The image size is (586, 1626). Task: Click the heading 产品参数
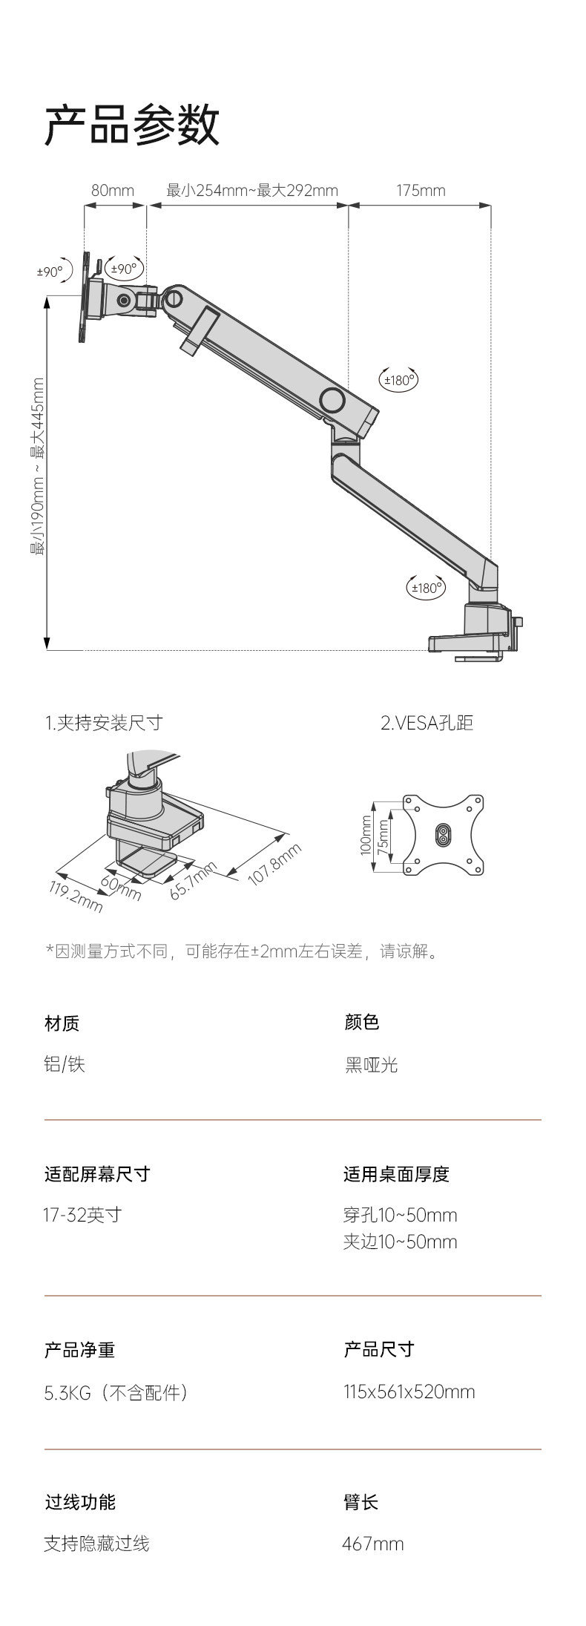click(x=132, y=125)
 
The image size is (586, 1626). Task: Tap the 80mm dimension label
click(x=113, y=191)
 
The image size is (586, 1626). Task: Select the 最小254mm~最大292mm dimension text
click(x=252, y=191)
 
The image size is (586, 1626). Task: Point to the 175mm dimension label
click(x=421, y=191)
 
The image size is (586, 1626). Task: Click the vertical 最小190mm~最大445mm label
click(x=38, y=467)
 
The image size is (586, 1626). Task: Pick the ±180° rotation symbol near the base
click(x=427, y=588)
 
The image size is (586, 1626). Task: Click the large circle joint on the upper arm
click(x=332, y=401)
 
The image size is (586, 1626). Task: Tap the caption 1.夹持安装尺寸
click(x=104, y=723)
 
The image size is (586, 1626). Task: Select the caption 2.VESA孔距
click(x=427, y=723)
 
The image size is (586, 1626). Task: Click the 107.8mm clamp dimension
click(x=274, y=865)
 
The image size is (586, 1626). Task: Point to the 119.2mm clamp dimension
click(x=76, y=896)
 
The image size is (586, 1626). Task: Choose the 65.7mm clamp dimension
click(x=194, y=880)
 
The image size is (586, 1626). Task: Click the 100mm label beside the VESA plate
click(x=366, y=835)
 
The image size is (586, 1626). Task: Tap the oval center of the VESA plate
click(x=443, y=834)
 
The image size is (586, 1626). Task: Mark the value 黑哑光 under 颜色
click(x=372, y=1065)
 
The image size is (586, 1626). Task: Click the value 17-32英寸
click(x=82, y=1215)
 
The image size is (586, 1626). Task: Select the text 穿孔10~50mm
click(x=400, y=1215)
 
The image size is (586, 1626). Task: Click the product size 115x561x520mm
click(x=409, y=1391)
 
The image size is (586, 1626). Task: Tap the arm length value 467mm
click(x=373, y=1544)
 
